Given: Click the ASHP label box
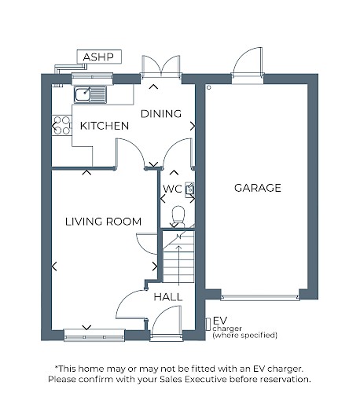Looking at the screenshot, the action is (x=99, y=57).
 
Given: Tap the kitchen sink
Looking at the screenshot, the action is (x=90, y=94).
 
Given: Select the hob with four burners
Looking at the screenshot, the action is (x=62, y=125).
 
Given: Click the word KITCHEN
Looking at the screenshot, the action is (x=105, y=126).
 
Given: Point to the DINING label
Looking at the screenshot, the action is (x=161, y=114).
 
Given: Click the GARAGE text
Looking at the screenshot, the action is (x=258, y=188).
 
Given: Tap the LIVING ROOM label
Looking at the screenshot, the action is (x=103, y=222).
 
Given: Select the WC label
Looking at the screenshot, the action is (x=172, y=189).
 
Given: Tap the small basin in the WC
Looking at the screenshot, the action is (x=189, y=189).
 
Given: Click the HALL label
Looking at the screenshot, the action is (x=168, y=297).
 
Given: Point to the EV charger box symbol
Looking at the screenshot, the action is (x=208, y=324).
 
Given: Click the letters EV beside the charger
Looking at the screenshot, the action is (x=220, y=321).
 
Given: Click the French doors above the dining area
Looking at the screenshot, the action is (x=161, y=66).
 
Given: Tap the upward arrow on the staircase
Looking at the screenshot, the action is (x=179, y=265).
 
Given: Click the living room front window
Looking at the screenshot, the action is (x=94, y=336).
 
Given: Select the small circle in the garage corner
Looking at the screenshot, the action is (x=209, y=87).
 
